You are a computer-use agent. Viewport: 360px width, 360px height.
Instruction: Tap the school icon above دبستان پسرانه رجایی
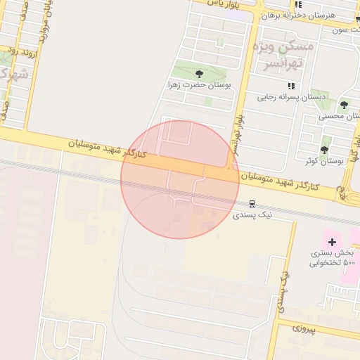coord(291,86)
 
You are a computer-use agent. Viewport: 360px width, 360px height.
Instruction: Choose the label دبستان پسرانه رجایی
coord(284,98)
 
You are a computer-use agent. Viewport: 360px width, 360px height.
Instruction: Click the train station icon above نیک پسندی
coord(252,204)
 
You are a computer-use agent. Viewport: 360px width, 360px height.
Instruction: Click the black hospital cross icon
coord(332,242)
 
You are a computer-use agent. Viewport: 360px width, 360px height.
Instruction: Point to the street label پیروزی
coord(305,330)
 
